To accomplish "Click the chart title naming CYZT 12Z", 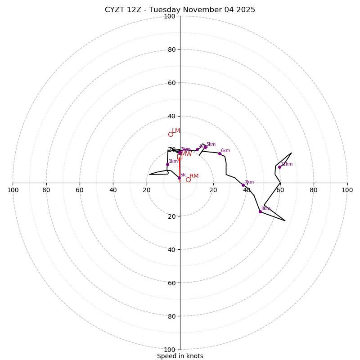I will (x=180, y=10).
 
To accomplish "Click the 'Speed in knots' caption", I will (x=180, y=356).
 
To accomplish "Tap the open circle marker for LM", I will (x=171, y=134).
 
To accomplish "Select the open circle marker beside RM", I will (x=188, y=180).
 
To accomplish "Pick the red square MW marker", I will (x=180, y=157).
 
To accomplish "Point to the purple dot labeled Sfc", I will (x=179, y=178).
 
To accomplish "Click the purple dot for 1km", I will (x=167, y=164).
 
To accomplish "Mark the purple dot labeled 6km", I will (x=220, y=153).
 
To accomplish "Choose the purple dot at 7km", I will (x=243, y=185).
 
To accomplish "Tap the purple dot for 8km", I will (x=260, y=211).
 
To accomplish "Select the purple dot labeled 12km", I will (x=279, y=167).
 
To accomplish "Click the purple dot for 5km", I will (x=205, y=147).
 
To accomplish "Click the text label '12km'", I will (x=287, y=164).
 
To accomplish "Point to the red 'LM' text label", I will (x=176, y=131).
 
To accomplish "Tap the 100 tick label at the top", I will (x=170, y=16).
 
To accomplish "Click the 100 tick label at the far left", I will (x=13, y=190).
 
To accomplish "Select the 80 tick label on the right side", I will (x=314, y=190).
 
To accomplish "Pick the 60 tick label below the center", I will (x=171, y=283).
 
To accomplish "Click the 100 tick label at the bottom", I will (x=170, y=349).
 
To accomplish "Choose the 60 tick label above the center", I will (x=171, y=83).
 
